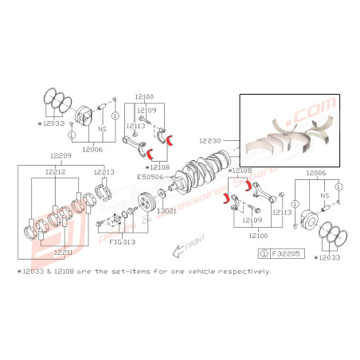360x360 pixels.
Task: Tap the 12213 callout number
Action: point(104,171)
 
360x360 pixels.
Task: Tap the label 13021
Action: point(166,212)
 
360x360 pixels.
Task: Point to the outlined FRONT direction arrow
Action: point(178,252)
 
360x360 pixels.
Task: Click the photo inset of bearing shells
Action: point(290,132)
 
